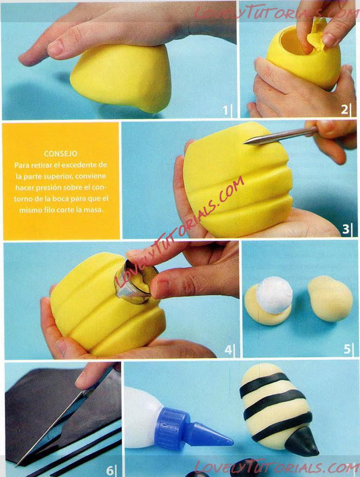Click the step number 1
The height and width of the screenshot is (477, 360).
click(x=225, y=110)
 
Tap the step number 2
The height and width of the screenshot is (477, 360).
click(x=344, y=109)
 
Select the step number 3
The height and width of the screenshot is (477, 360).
click(x=346, y=229)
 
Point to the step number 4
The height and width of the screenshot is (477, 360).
click(x=228, y=350)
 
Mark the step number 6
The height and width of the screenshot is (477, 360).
click(x=110, y=471)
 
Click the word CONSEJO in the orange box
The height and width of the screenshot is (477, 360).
click(x=60, y=154)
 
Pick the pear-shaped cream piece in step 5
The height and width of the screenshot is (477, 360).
click(x=330, y=299)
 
